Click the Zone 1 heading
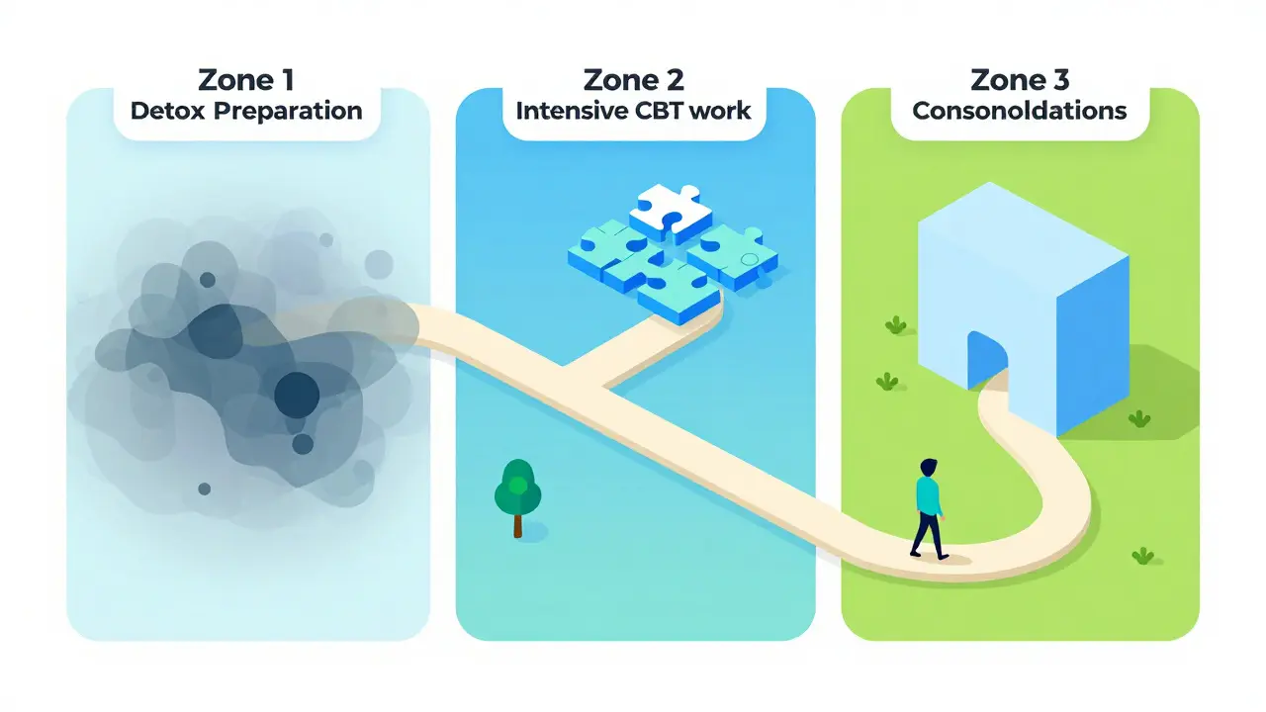tap(246, 80)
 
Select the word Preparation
tap(288, 112)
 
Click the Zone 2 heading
tap(634, 80)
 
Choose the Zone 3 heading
tap(1020, 80)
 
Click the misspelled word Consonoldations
tap(1020, 111)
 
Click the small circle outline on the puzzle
tap(750, 259)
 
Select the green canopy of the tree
tap(517, 488)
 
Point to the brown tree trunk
tap(517, 525)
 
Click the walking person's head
tap(928, 468)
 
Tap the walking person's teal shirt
tap(929, 496)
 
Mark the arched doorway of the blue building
tap(987, 360)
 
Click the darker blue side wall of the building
tap(1093, 345)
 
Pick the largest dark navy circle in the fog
tap(297, 395)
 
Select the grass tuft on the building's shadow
tap(1139, 418)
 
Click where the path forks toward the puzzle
tap(588, 379)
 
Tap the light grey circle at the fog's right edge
tap(379, 264)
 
